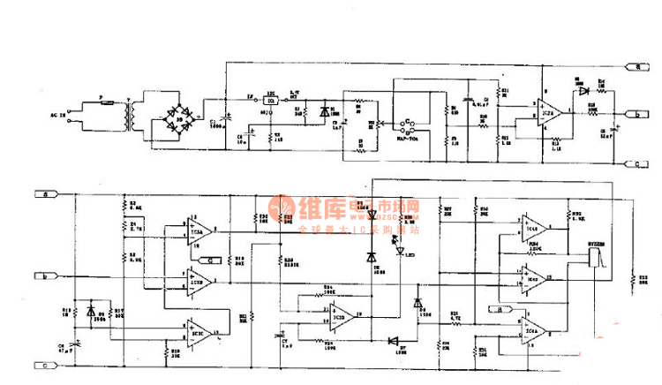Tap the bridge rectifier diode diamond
[x=180, y=116]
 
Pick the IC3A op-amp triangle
[x=198, y=231]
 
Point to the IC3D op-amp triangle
[x=340, y=313]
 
